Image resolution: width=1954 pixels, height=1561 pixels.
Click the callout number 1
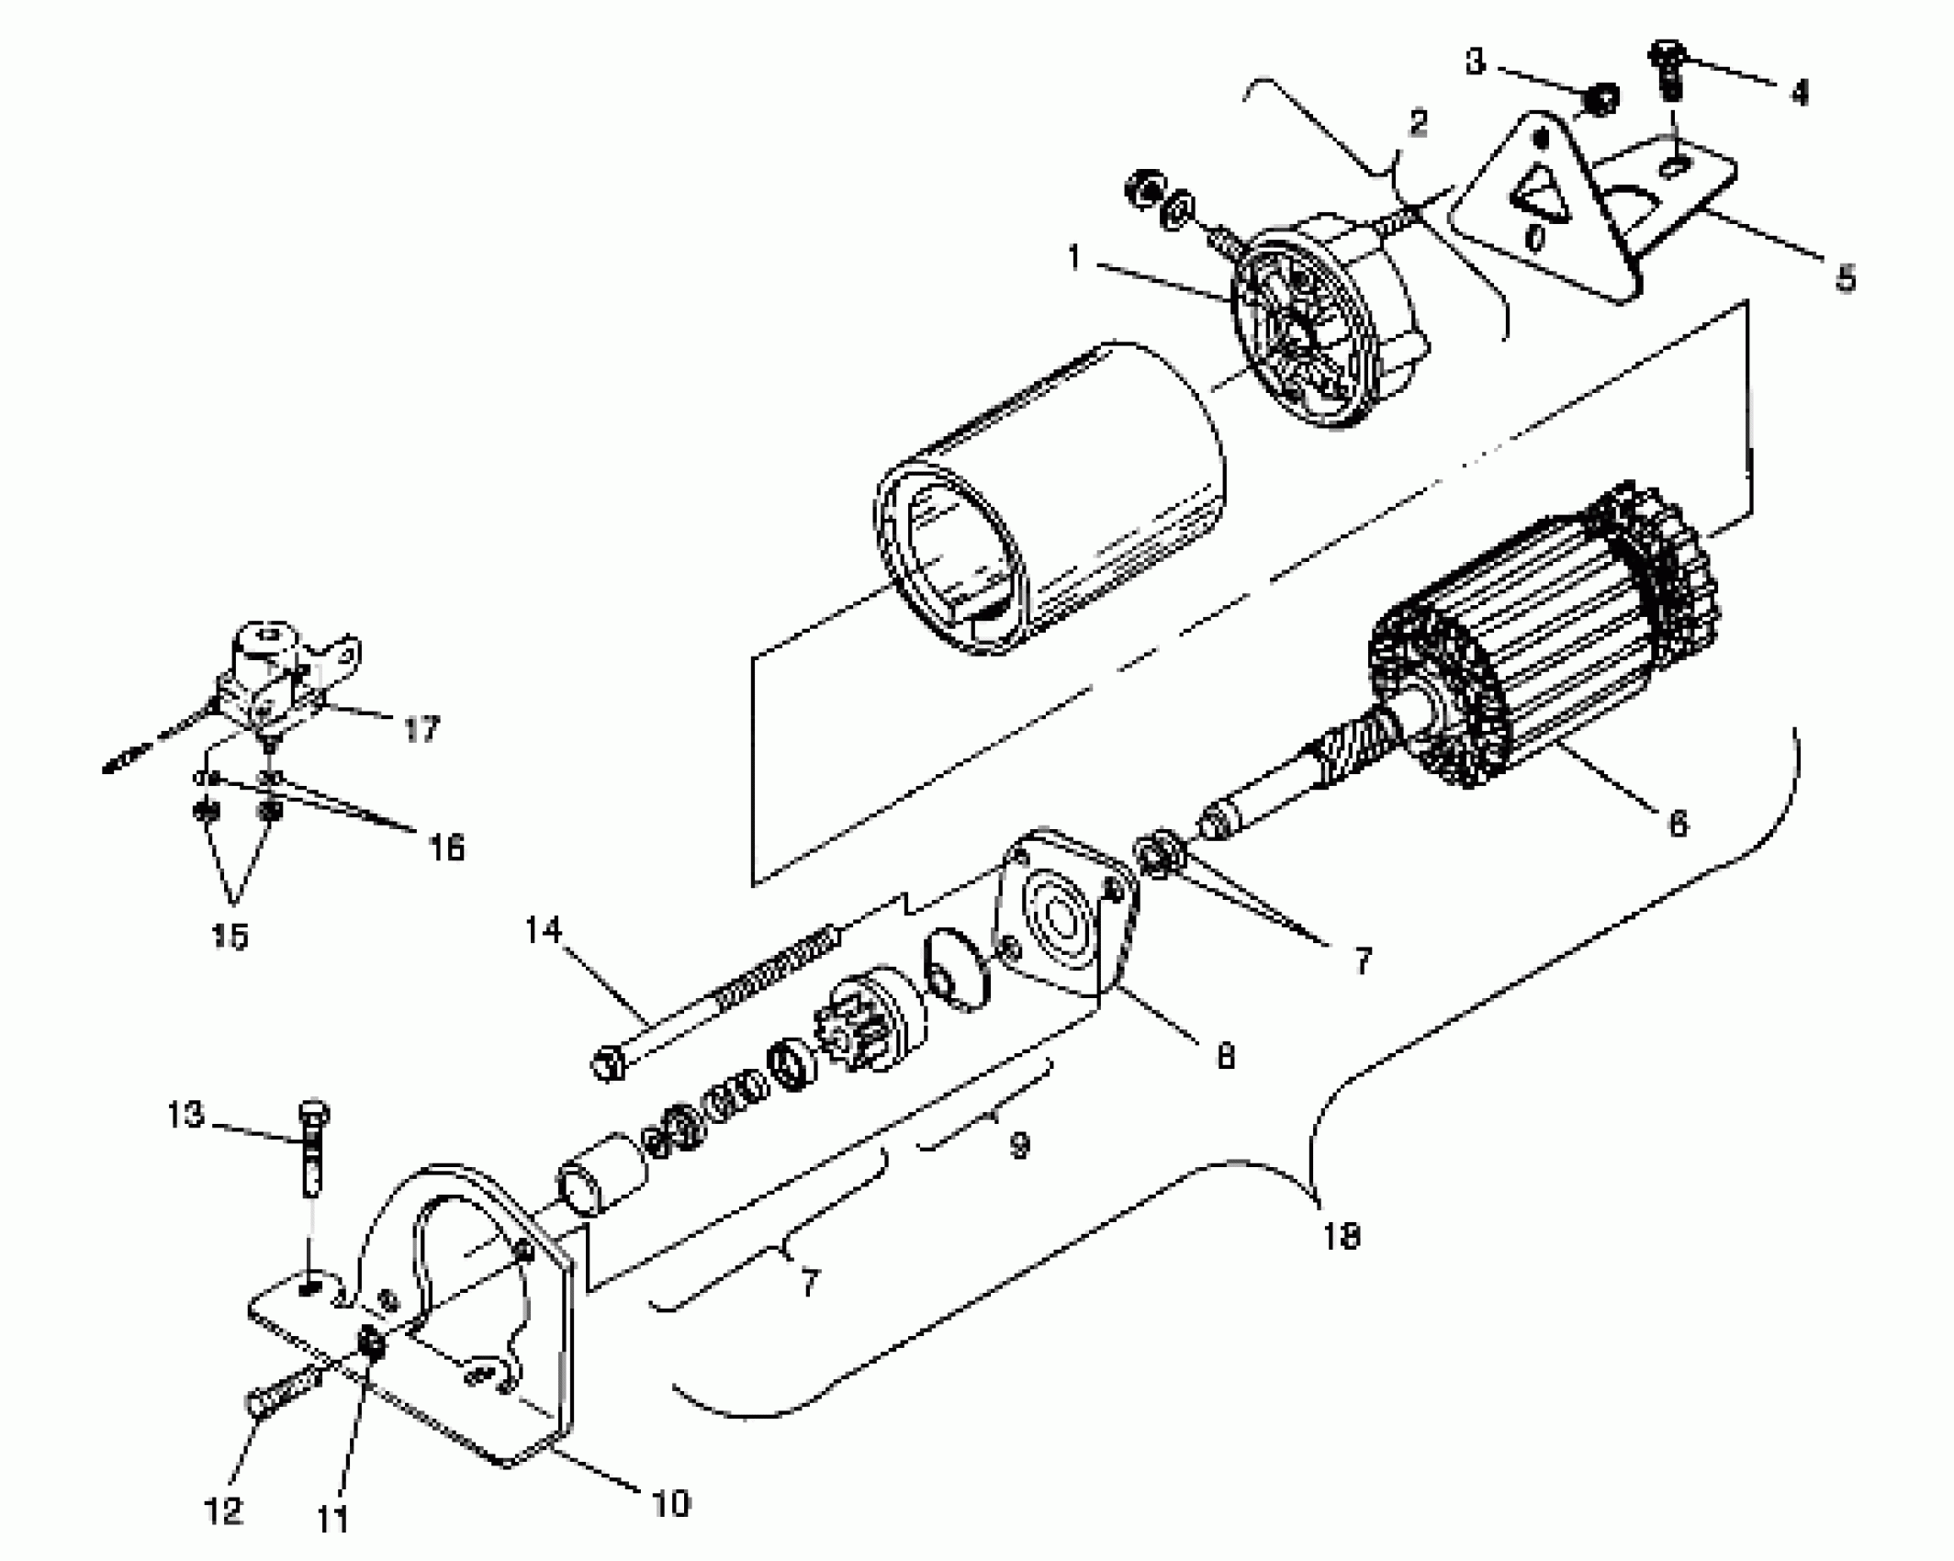pos(1074,259)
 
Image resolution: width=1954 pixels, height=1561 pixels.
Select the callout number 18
pos(1341,1237)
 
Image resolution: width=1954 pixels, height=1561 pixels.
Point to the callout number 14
pos(543,930)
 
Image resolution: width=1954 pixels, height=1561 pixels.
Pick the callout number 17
pos(421,730)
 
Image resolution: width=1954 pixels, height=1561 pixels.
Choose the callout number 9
pos(1019,1145)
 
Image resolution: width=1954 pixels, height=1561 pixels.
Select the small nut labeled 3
pos(1602,98)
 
